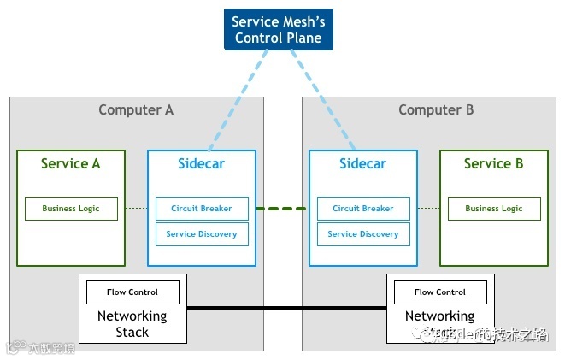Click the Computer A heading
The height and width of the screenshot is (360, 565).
pos(136,109)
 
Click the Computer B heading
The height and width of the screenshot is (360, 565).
pos(436,109)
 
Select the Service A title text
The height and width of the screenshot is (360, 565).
pos(70,163)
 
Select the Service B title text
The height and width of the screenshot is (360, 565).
pos(493,163)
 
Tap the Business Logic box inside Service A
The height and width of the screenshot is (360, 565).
pos(71,209)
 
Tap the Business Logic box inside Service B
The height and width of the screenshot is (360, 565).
pos(493,209)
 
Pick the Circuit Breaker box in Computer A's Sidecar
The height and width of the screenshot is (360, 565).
pos(202,209)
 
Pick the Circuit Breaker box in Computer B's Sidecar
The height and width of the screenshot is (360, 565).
pos(363,209)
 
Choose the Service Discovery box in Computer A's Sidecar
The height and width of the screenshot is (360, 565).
pos(202,234)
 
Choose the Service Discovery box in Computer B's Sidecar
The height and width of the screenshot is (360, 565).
pos(363,234)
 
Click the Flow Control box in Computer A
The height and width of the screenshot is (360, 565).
pos(132,292)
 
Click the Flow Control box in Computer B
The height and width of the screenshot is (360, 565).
pos(440,292)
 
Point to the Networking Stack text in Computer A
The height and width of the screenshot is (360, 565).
pos(132,323)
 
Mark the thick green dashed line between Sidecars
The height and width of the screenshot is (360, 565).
pos(282,209)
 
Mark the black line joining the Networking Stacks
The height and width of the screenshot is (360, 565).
pos(286,307)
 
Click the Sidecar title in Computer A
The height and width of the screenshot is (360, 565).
pos(201,163)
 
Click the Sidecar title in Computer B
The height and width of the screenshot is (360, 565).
pos(362,163)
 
